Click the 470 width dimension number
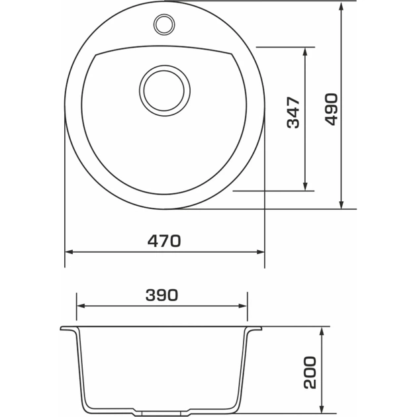[163, 242]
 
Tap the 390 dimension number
[162, 296]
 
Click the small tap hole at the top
[163, 24]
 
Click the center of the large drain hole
[165, 89]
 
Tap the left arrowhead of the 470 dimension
[69, 252]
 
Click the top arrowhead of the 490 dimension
[341, 5]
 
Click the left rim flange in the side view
[68, 329]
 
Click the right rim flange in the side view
[254, 329]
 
